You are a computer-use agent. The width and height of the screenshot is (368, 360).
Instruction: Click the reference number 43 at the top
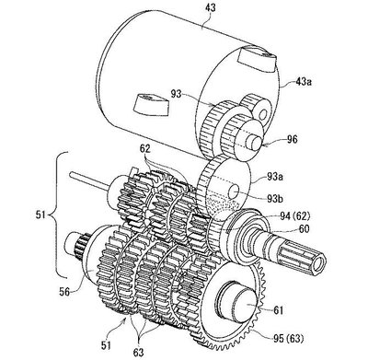click(211, 6)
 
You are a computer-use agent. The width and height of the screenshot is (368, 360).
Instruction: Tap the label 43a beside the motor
click(304, 82)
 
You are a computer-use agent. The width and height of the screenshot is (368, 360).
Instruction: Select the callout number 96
click(293, 139)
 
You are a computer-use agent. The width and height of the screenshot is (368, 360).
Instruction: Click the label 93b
click(274, 199)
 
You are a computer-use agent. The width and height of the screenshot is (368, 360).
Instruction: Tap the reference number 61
click(278, 310)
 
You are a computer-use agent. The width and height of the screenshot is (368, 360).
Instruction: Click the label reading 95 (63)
click(289, 339)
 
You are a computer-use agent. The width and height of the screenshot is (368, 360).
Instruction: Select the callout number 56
click(65, 292)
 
